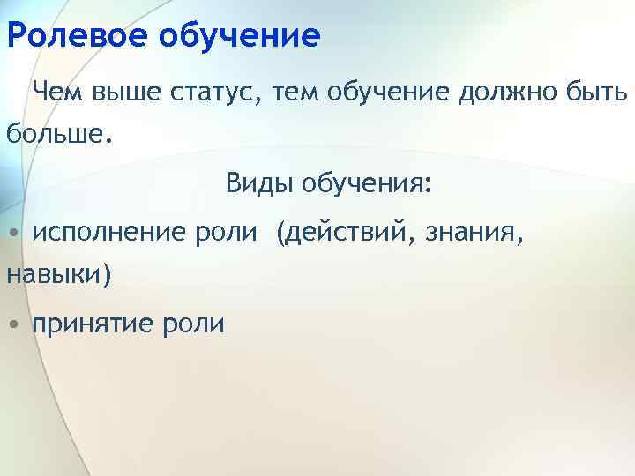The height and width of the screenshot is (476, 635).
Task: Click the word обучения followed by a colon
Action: [x=367, y=184]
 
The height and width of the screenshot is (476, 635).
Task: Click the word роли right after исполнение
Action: [x=226, y=233]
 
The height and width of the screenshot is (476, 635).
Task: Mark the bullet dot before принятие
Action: [x=13, y=325]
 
